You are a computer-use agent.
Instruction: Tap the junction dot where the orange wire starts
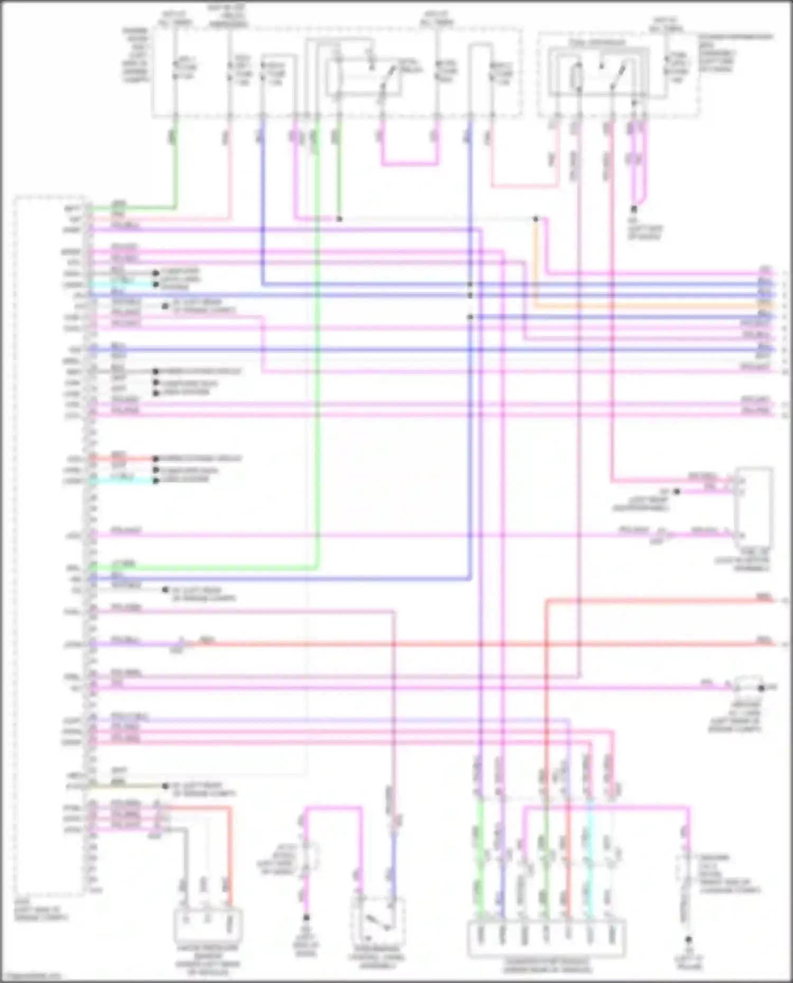(x=536, y=219)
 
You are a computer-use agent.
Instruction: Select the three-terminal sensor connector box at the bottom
(x=208, y=926)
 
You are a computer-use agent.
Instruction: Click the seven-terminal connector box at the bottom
(x=546, y=938)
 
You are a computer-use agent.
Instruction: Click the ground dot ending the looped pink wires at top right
(x=634, y=210)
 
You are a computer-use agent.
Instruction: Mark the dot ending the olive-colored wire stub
(x=165, y=786)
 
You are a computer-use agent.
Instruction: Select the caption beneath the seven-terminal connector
(x=546, y=966)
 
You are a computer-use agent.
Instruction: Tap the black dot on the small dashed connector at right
(x=761, y=688)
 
